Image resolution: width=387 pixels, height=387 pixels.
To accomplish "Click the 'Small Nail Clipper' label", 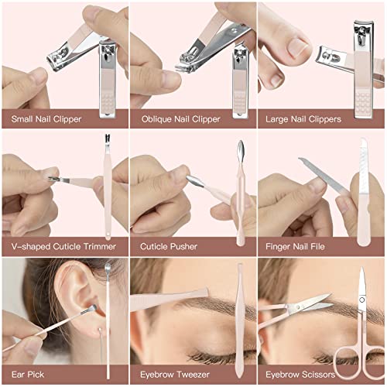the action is click(46, 119).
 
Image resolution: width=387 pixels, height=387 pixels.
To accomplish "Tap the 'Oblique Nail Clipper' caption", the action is click(180, 119).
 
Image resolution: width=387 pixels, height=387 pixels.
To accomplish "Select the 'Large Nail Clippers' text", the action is click(303, 119).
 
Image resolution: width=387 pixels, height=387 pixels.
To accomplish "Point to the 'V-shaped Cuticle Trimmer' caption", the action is click(63, 246).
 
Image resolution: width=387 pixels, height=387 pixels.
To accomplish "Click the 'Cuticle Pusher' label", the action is click(169, 246).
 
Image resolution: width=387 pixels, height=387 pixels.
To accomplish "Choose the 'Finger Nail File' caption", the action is click(295, 246).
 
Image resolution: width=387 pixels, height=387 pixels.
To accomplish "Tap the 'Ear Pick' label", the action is click(28, 375).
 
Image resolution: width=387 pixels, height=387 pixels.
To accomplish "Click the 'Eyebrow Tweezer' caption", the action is click(175, 375).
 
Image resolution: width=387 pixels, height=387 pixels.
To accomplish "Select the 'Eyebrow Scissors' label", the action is click(300, 375).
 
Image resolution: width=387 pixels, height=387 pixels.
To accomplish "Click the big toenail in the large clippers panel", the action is click(297, 48).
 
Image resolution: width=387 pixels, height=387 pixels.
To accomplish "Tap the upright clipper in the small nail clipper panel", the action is click(108, 79).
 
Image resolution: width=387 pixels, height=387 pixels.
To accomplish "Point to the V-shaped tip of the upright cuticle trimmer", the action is click(108, 139).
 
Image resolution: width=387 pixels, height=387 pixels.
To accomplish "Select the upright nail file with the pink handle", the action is click(363, 192).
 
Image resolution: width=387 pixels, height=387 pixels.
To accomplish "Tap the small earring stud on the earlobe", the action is click(99, 330).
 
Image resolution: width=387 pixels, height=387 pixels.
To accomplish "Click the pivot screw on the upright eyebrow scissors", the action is click(361, 300).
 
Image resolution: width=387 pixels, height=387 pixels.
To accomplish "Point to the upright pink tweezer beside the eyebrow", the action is click(239, 320).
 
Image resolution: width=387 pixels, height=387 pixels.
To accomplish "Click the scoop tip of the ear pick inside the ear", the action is click(91, 309).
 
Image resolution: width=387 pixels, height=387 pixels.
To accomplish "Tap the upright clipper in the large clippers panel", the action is click(364, 70).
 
